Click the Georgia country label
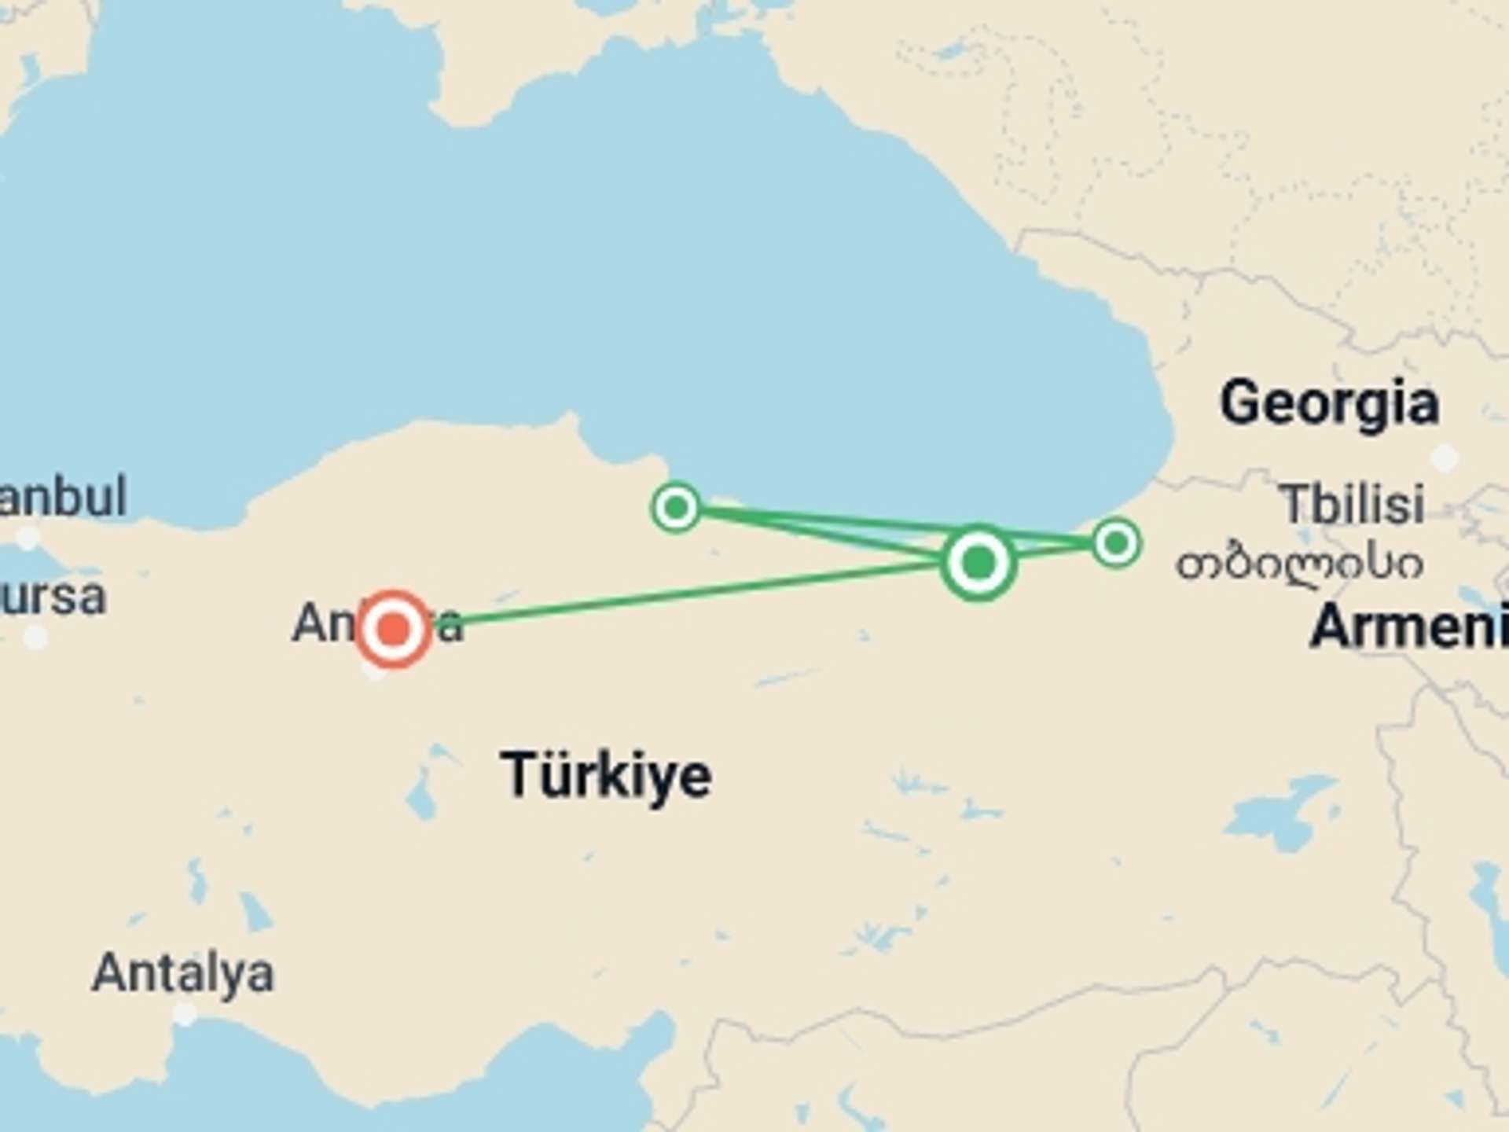click(1329, 403)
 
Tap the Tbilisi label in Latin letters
click(1353, 504)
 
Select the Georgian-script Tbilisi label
click(1299, 564)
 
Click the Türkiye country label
click(606, 775)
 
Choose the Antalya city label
click(183, 973)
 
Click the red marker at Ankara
click(394, 629)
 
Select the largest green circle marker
click(978, 562)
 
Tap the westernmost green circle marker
click(676, 507)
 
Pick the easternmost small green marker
click(1116, 542)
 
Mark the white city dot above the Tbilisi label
click(1444, 458)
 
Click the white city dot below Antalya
click(184, 1015)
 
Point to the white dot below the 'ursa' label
click(35, 637)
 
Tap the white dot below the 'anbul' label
click(28, 538)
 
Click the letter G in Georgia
click(1241, 403)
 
